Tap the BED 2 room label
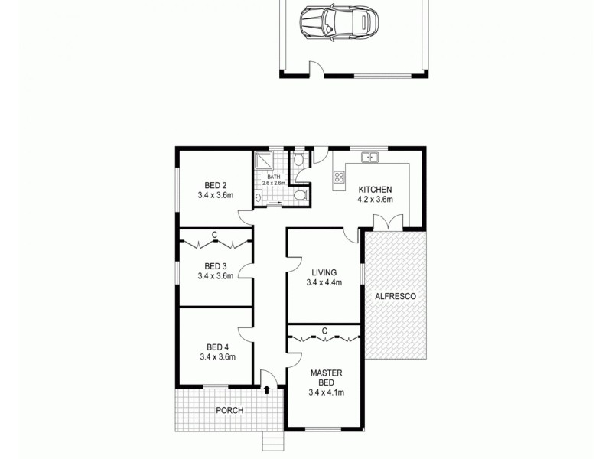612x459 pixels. pos(215,185)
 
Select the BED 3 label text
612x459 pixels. pos(215,266)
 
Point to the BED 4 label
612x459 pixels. pos(216,346)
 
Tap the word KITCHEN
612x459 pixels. pos(375,190)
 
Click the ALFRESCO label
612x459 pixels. pos(395,295)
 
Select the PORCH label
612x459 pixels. pos(229,411)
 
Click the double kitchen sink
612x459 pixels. pos(371,158)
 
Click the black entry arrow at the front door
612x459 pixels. pos(267,389)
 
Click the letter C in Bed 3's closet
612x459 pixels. pos(215,234)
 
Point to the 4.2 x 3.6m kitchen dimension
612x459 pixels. pos(375,200)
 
